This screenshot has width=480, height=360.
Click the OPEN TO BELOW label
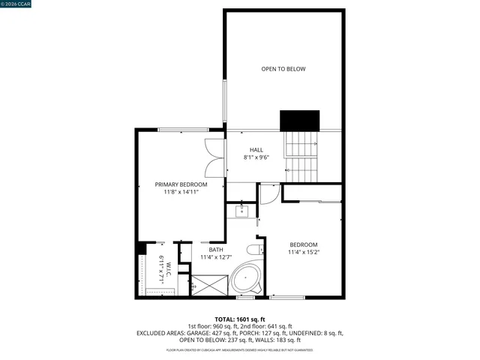[x=283, y=69]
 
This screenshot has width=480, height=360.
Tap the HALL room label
[x=256, y=150]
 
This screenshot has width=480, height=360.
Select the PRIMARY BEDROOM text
[x=181, y=184]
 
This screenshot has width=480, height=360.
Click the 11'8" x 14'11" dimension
[x=181, y=192]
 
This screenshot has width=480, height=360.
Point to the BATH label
[x=216, y=250]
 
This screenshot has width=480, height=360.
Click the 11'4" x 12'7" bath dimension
[x=216, y=258]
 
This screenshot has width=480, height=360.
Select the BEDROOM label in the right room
[x=304, y=244]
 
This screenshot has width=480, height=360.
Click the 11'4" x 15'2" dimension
[x=304, y=253]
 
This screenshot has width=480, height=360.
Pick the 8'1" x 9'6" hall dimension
[x=256, y=158]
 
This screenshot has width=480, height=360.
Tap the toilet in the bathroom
[x=255, y=249]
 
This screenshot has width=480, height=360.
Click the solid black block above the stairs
[x=300, y=120]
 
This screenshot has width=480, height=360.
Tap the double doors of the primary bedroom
[x=215, y=157]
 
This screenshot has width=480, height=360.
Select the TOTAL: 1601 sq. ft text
[x=239, y=319]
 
